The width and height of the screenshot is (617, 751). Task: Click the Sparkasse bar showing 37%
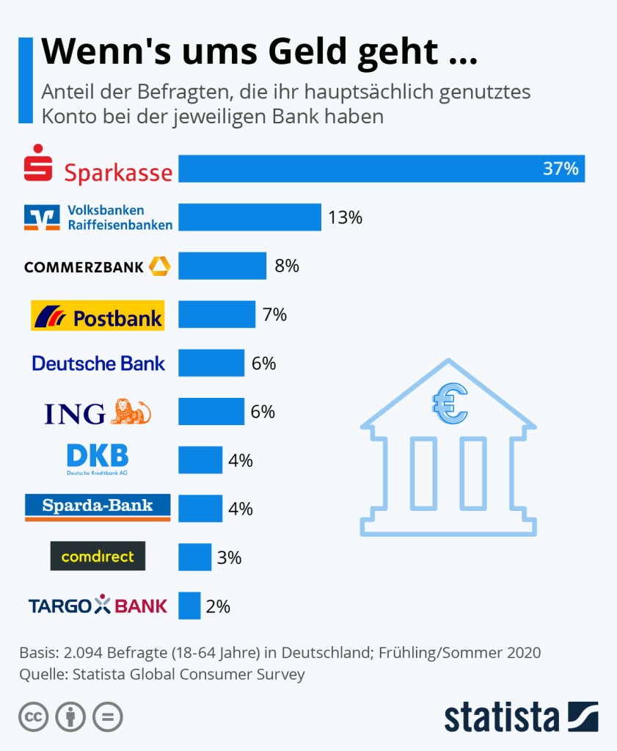[x=381, y=168]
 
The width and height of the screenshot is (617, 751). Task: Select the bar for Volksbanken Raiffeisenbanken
[x=249, y=217]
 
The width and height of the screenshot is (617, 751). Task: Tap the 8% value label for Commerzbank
[x=287, y=266]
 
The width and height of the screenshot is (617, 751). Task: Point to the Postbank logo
[x=98, y=316]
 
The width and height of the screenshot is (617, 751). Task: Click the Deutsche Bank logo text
[x=99, y=363]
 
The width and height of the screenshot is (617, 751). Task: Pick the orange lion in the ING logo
[x=130, y=412]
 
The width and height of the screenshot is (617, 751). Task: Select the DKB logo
[x=97, y=458]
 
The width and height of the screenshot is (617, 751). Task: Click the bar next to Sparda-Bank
[x=200, y=508]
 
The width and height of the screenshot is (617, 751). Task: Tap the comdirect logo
[x=98, y=556]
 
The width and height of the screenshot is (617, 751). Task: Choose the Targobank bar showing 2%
[x=189, y=606]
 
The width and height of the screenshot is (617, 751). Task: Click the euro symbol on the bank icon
[x=450, y=404]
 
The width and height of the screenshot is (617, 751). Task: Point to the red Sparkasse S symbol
[x=38, y=163]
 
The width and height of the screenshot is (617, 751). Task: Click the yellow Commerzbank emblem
[x=159, y=266]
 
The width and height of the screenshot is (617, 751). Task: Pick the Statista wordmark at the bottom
[x=501, y=716]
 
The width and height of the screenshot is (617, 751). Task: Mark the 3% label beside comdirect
[x=230, y=557]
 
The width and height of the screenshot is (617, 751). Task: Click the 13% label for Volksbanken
[x=346, y=217]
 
